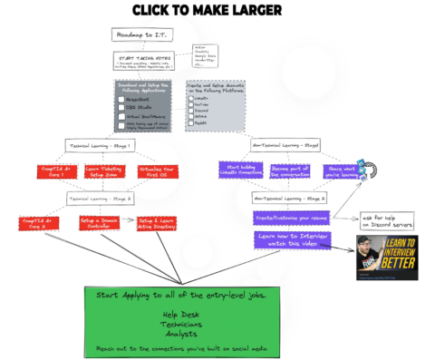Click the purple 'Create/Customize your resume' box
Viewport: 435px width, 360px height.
(x=290, y=219)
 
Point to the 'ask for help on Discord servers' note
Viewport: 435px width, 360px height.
(x=388, y=220)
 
